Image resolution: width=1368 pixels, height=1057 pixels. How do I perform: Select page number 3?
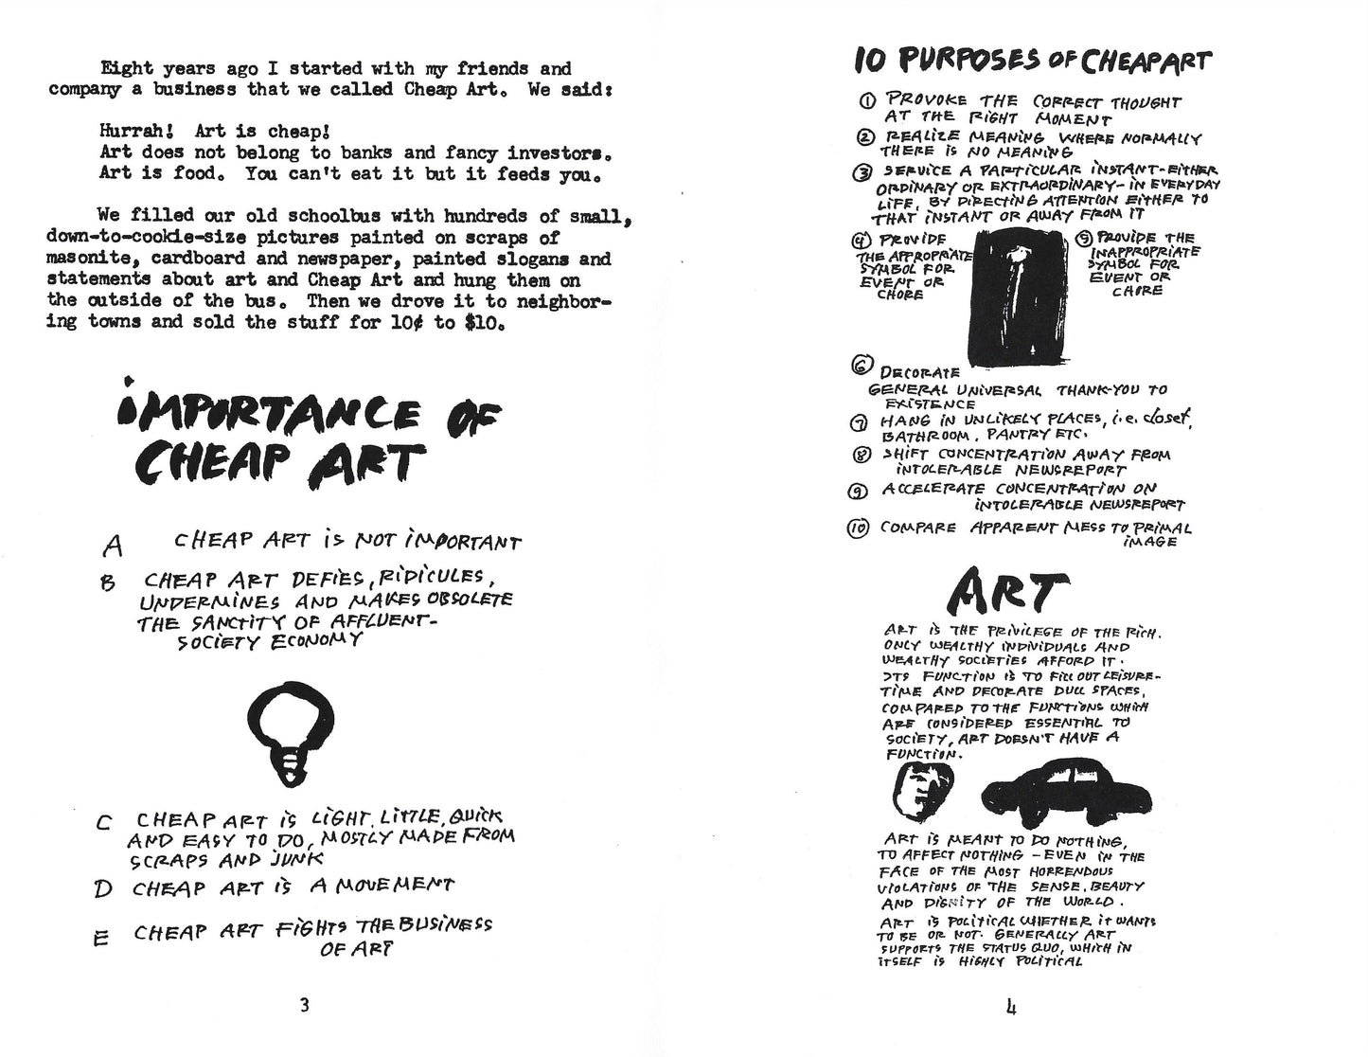click(303, 1006)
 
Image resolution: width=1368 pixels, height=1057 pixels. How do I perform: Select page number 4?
click(1012, 1006)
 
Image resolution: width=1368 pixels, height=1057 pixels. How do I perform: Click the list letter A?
click(113, 546)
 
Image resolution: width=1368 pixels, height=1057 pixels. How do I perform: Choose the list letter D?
click(103, 889)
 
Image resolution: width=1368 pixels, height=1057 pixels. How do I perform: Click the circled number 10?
click(859, 528)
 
